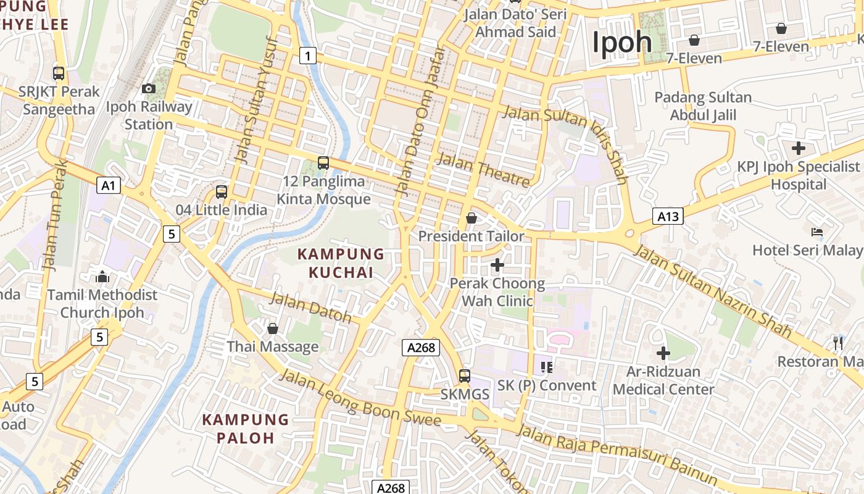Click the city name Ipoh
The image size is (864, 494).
coord(622,42)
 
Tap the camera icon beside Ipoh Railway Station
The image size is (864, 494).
coord(149,89)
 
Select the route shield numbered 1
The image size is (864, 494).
coord(308,56)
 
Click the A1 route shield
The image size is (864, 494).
coord(108,185)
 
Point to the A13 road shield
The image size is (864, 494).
coord(668,216)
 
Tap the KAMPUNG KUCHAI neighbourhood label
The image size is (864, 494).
coord(341,263)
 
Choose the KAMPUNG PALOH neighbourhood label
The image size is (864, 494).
coord(246,429)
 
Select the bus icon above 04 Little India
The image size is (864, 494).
coord(222,192)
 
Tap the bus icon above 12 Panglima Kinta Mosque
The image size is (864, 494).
coord(323,163)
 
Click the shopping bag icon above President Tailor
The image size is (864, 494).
coord(471,218)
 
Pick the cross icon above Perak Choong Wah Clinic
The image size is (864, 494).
coord(497,266)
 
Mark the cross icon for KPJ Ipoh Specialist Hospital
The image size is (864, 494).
coord(799,148)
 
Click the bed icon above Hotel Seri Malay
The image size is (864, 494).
coord(817,232)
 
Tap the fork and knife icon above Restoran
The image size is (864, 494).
coord(838,343)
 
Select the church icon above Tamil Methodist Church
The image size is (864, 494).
coord(102,277)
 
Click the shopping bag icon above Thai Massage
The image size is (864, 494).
coord(272,329)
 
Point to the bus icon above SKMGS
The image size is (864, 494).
coord(465,375)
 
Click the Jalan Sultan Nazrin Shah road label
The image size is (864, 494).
coord(713,291)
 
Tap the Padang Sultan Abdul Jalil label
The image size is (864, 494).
coord(703,106)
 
